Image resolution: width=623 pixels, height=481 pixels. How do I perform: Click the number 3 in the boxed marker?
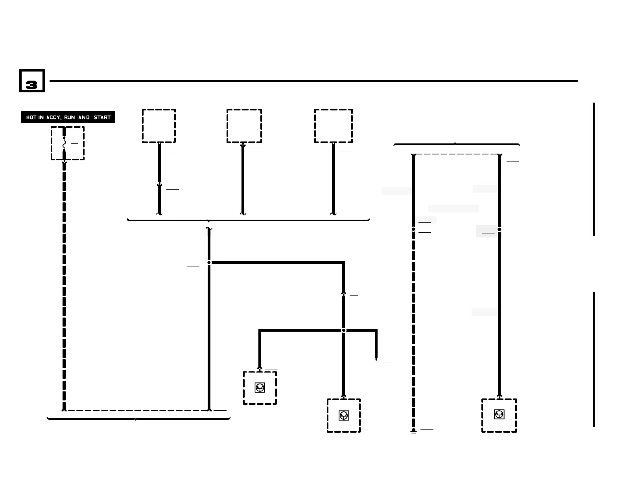tap(31, 84)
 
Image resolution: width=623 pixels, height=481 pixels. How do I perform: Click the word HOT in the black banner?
tap(31, 117)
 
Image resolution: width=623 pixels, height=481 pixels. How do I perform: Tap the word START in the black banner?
tap(102, 117)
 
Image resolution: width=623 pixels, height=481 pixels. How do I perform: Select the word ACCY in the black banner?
tap(53, 117)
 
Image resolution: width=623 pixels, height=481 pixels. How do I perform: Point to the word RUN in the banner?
tap(70, 117)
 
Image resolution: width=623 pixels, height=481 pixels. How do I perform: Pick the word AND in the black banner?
tap(84, 117)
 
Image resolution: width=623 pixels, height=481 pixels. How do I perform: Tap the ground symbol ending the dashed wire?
tap(413, 431)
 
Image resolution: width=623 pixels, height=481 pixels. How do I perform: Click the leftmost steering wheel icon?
tap(260, 388)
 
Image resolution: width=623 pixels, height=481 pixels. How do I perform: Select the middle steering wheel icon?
tap(344, 415)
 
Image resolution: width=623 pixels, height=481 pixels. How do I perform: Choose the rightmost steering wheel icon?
tap(499, 414)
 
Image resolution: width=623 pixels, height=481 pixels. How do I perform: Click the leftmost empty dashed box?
tap(159, 126)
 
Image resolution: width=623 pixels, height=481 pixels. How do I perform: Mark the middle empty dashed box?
tap(244, 126)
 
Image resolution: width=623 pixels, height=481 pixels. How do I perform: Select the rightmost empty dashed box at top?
tap(333, 126)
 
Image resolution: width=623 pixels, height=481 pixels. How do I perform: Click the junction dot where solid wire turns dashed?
tap(413, 229)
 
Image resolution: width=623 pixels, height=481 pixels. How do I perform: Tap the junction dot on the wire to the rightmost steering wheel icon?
tap(499, 229)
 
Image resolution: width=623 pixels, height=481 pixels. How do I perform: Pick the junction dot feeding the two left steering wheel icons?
tap(344, 330)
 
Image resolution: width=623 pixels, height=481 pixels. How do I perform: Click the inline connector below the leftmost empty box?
tap(159, 185)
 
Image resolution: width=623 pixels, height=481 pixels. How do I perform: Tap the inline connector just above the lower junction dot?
tap(343, 294)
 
